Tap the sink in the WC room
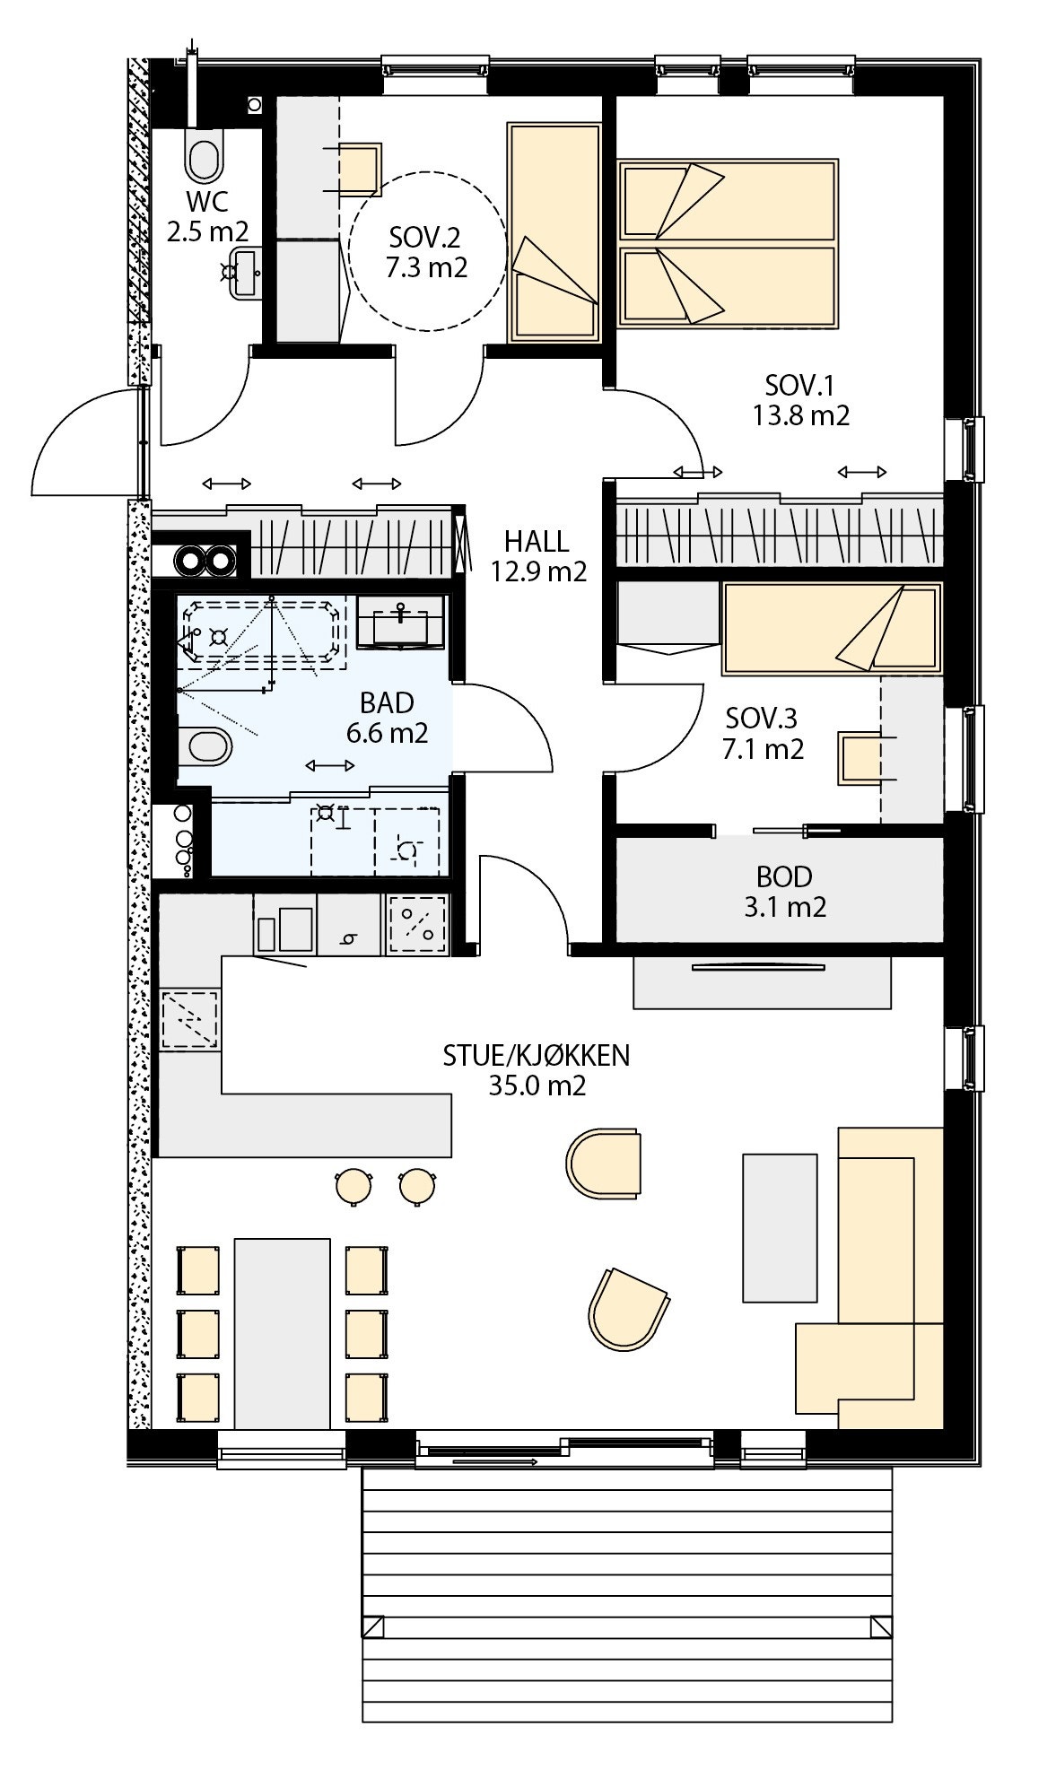244,273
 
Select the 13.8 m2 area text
799,415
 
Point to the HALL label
536,541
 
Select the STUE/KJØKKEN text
537,1055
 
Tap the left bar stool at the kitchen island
353,1185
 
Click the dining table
282,1332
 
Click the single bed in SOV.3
832,629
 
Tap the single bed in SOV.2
554,233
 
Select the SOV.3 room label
762,718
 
